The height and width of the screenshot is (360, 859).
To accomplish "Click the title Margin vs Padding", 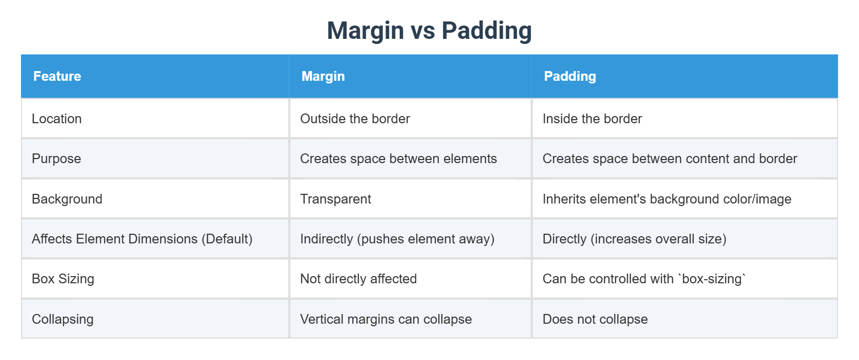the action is (429, 31).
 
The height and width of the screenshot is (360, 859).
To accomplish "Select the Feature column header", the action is (57, 76).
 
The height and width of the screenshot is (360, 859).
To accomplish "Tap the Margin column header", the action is (323, 76).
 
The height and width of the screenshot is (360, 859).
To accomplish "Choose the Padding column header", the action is (570, 76).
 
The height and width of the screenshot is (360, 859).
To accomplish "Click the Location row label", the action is (57, 119).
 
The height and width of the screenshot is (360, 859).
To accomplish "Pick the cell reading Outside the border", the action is (355, 119).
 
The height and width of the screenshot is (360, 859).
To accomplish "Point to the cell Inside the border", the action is (592, 119).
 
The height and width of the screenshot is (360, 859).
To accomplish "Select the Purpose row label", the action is (56, 159).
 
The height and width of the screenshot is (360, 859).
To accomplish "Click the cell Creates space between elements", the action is (398, 159).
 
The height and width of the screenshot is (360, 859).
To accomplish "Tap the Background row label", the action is (67, 199).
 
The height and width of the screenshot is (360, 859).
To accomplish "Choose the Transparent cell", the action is (335, 199).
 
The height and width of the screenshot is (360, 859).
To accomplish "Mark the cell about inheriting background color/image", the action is (667, 199).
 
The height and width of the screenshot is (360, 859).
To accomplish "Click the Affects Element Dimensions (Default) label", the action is (142, 239).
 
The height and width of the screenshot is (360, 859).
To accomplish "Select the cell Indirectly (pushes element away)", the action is (397, 239).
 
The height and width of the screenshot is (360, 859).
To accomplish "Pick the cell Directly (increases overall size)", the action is (635, 239).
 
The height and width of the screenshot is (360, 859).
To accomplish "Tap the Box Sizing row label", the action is (63, 279).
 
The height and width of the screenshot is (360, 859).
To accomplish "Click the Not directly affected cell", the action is (358, 279).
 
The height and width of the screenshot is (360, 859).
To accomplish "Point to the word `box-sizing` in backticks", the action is (711, 279).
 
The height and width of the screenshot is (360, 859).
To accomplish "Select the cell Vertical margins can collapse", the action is (386, 319).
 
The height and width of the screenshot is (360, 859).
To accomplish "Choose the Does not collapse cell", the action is (595, 319).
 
